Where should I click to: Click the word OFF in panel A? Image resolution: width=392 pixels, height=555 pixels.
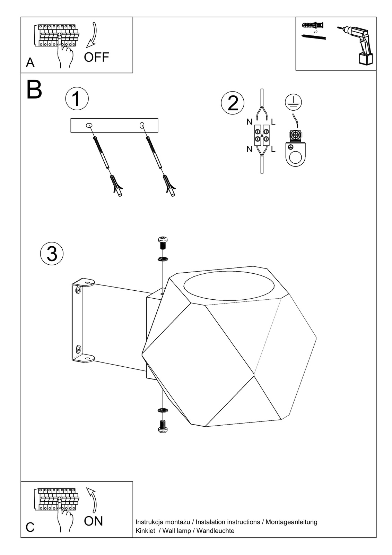(x=96, y=57)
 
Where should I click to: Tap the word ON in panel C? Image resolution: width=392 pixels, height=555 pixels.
(x=93, y=521)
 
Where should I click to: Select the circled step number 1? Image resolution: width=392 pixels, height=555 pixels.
(x=77, y=99)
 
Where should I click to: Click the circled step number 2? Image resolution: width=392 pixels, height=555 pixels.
(x=233, y=103)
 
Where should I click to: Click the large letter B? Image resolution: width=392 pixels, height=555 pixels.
(x=34, y=90)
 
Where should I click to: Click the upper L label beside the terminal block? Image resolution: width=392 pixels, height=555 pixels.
(x=273, y=122)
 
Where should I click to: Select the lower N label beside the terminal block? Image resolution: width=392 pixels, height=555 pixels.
(x=249, y=149)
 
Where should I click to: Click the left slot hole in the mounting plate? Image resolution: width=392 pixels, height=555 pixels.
(x=89, y=125)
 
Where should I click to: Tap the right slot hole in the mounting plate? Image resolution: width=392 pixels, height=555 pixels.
(x=142, y=125)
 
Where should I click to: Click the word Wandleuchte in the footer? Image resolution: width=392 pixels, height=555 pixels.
(x=215, y=531)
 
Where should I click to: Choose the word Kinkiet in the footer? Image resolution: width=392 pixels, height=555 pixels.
(x=145, y=531)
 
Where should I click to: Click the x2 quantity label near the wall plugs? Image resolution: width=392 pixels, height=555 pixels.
(x=315, y=32)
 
